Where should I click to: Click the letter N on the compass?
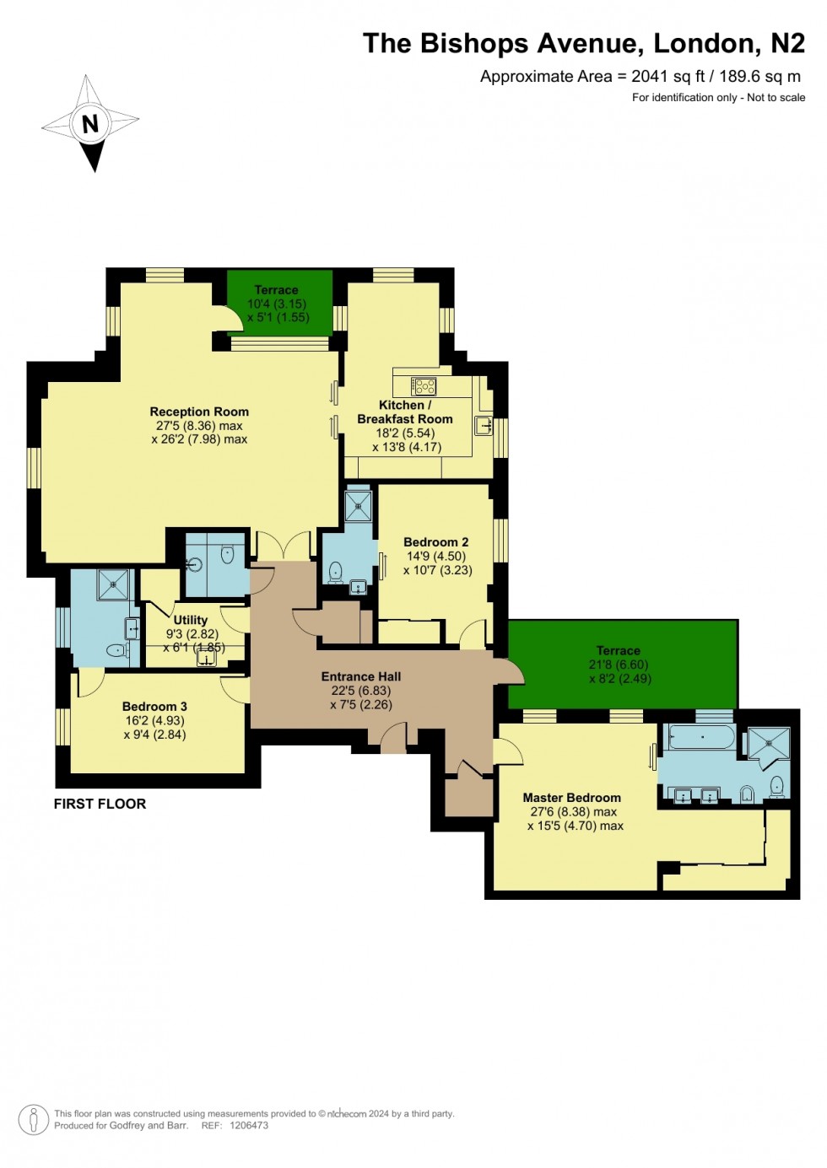[x=89, y=123]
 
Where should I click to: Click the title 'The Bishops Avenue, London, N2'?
[x=583, y=43]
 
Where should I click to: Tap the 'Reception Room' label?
[x=199, y=412]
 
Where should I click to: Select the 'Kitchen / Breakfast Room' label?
[x=404, y=412]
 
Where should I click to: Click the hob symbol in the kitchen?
[x=424, y=386]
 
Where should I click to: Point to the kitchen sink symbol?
[x=483, y=425]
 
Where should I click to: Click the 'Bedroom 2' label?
[x=435, y=542]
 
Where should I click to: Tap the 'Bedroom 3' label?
[x=154, y=706]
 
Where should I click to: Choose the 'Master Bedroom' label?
[x=571, y=797]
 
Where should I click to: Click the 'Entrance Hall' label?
[x=360, y=676]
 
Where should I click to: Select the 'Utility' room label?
[x=190, y=620]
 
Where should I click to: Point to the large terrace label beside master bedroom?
[x=618, y=650]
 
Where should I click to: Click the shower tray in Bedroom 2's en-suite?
[x=358, y=507]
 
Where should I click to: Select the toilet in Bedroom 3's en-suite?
[x=116, y=650]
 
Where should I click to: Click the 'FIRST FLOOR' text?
[x=100, y=804]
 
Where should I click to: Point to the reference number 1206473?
[x=249, y=1125]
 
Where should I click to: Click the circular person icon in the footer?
[x=33, y=1120]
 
